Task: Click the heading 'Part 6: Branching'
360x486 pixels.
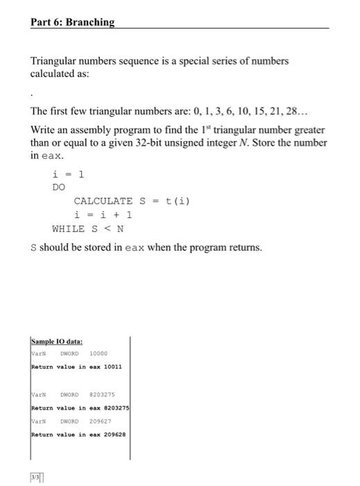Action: point(72,22)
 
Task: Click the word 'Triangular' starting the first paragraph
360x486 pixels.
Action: point(53,61)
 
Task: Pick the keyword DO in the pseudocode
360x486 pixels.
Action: point(59,187)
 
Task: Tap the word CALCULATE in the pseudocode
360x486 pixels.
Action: point(103,201)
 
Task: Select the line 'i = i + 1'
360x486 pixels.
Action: point(103,215)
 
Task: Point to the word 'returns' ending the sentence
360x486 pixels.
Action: point(245,247)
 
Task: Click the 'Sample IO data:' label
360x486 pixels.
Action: point(56,342)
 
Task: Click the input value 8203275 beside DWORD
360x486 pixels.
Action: point(103,394)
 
